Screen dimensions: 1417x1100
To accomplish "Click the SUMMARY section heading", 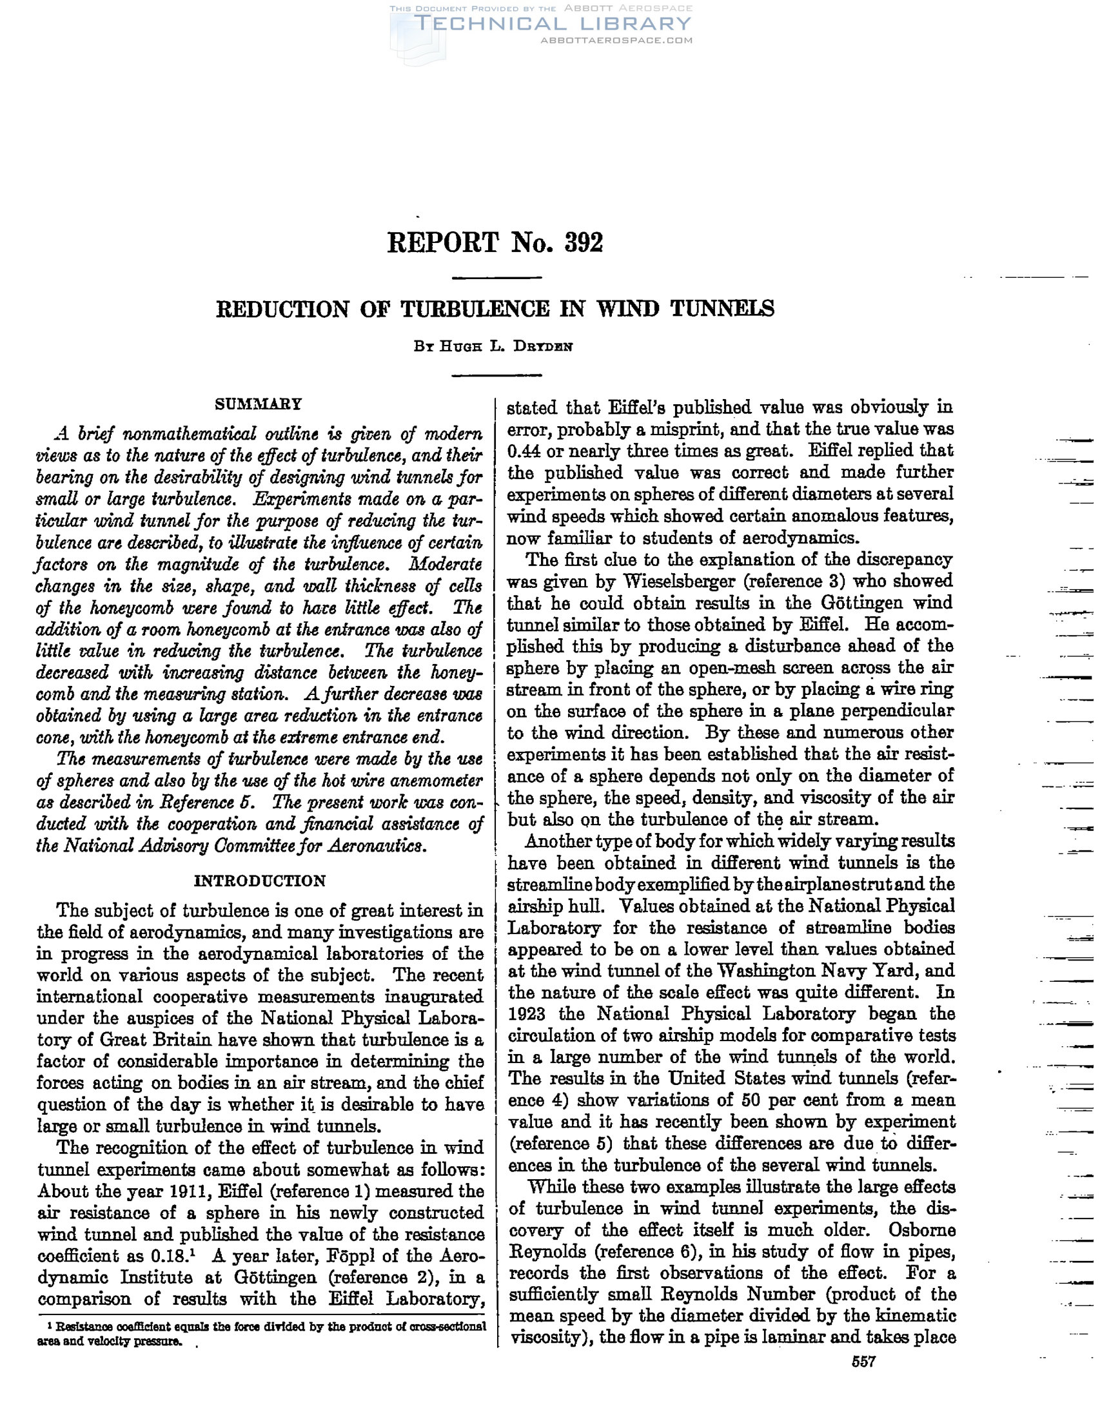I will [x=259, y=404].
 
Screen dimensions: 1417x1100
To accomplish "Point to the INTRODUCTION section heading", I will [x=260, y=881].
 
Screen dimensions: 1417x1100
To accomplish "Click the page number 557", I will [x=864, y=1361].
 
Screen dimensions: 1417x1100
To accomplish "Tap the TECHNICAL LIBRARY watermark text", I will [x=553, y=24].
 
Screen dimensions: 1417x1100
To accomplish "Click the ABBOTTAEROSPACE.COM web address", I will [x=616, y=40].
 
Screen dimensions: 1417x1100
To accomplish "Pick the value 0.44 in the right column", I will [x=526, y=451].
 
